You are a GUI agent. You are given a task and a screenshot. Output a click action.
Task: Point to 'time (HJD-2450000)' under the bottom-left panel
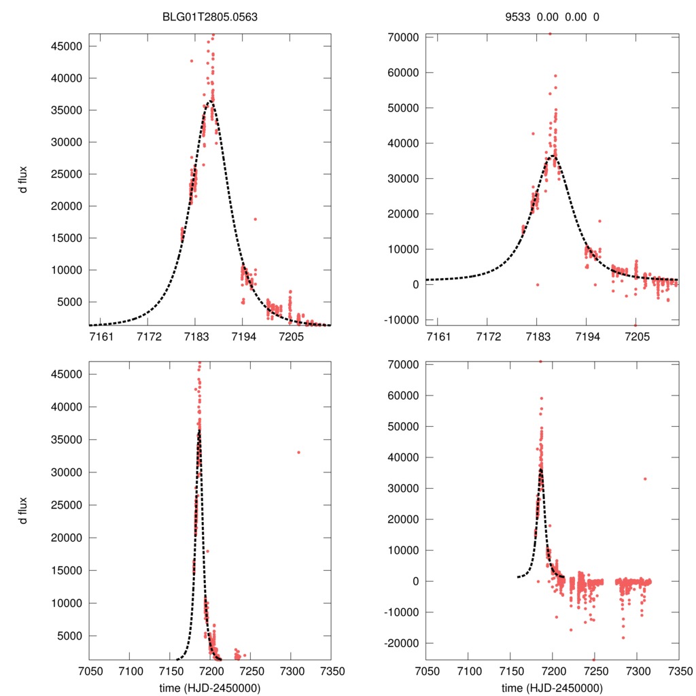point(209,687)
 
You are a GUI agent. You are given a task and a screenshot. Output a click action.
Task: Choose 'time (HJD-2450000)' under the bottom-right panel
point(552,687)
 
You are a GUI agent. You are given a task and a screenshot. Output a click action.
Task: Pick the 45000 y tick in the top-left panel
point(67,46)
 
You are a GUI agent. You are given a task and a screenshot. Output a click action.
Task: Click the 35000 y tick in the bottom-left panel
point(67,440)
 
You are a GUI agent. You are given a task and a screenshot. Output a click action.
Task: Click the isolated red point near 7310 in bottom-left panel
point(298,452)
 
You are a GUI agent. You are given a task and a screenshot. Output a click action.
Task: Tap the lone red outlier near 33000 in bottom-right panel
point(645,478)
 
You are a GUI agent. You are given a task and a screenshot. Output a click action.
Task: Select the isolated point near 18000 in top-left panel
point(255,219)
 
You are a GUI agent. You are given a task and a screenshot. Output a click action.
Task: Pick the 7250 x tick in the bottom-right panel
point(594,670)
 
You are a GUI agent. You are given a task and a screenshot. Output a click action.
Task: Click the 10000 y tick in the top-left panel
point(67,270)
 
